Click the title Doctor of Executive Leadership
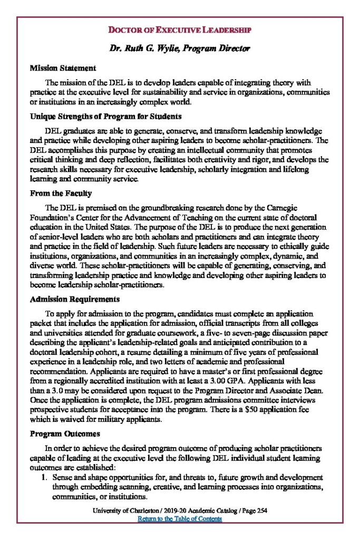point(180,30)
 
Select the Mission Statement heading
point(63,68)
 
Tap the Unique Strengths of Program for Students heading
point(106,116)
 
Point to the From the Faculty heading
point(61,193)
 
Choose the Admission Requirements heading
point(75,299)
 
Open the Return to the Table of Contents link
point(180,518)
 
